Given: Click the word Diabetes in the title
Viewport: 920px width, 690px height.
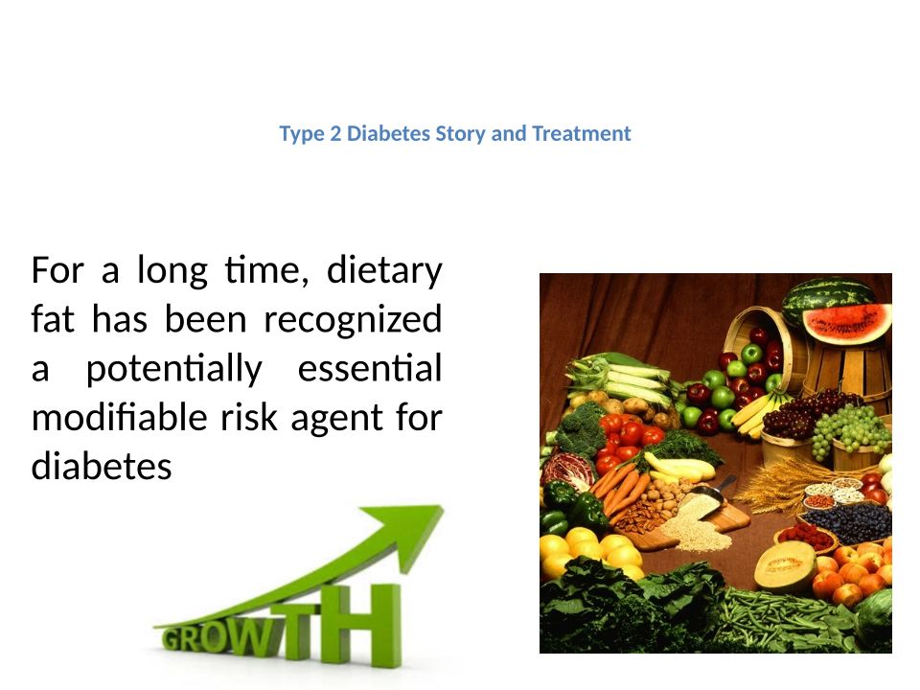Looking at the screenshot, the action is pyautogui.click(x=388, y=133).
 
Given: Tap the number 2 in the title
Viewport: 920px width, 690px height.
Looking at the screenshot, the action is pyautogui.click(x=335, y=134).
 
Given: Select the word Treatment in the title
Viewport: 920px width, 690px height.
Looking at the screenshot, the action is pyautogui.click(x=582, y=133).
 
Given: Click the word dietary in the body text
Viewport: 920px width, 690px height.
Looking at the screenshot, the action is pyautogui.click(x=384, y=271).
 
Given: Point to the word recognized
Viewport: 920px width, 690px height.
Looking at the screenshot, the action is pyautogui.click(x=353, y=320).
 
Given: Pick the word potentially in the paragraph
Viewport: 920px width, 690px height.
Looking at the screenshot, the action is pyautogui.click(x=174, y=370).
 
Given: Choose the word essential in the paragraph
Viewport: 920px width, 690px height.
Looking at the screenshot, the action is pyautogui.click(x=370, y=368).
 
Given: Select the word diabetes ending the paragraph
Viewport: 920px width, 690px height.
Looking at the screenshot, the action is pyautogui.click(x=102, y=467).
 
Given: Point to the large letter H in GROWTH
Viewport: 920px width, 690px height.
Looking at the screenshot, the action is pyautogui.click(x=368, y=624).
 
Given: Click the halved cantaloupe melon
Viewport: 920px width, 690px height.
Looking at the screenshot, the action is pyautogui.click(x=784, y=566).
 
